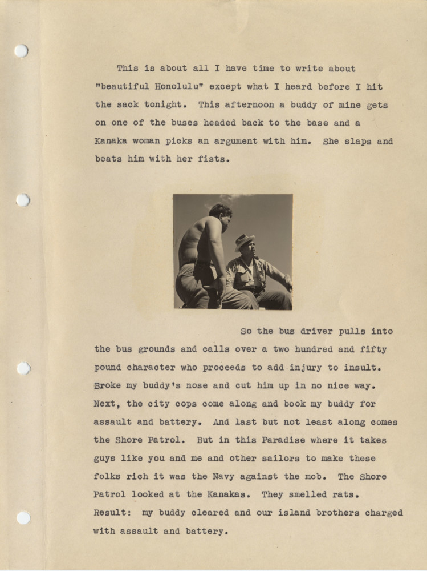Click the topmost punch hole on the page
[21, 51]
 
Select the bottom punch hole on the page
[23, 517]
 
